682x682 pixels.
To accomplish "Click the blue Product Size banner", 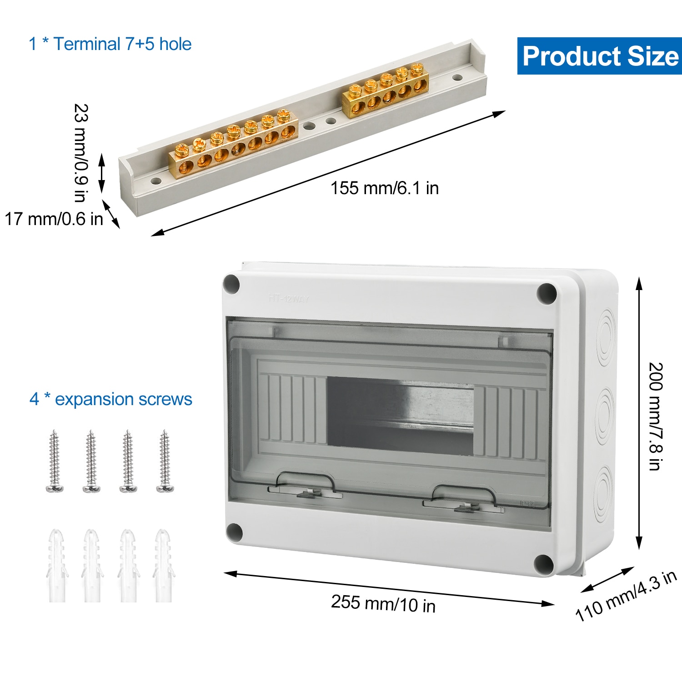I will (x=599, y=56).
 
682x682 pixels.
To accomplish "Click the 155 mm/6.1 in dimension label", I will (x=384, y=188).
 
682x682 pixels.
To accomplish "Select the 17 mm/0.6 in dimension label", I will (x=54, y=219).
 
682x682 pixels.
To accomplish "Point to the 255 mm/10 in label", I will (x=383, y=603).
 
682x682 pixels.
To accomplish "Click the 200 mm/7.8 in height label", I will (x=655, y=416).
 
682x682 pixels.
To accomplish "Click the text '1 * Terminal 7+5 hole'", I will (x=110, y=44).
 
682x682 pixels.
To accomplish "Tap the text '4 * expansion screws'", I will (x=111, y=399).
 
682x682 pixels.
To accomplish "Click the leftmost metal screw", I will (x=55, y=461).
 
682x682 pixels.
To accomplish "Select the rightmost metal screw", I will (x=165, y=461).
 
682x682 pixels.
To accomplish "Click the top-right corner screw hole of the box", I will (x=546, y=293).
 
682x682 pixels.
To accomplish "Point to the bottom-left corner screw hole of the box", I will (x=234, y=532).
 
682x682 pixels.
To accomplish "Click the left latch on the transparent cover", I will (x=306, y=486).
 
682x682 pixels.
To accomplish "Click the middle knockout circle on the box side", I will (x=604, y=415).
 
